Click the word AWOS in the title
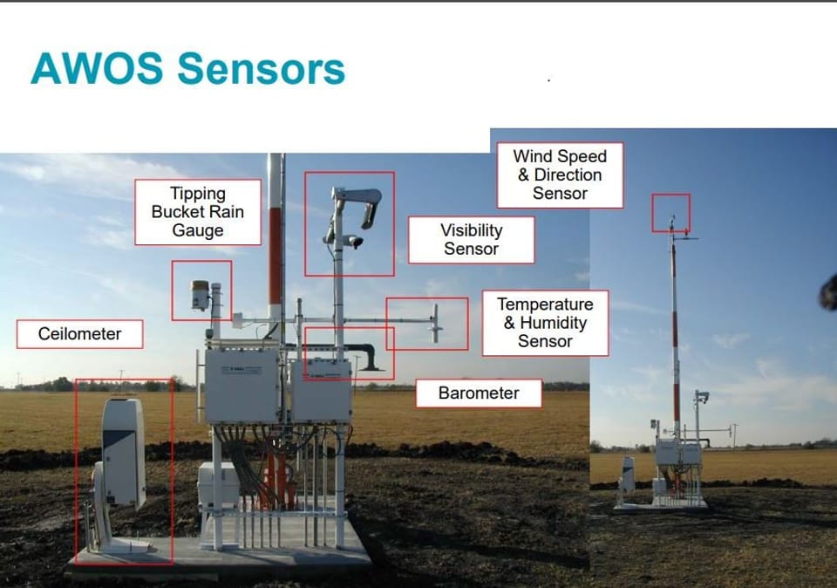[96, 69]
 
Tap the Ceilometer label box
[79, 334]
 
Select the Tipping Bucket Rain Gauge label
[198, 212]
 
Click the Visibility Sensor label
[471, 240]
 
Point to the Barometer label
[478, 393]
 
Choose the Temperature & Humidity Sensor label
[545, 323]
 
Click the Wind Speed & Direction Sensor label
[560, 174]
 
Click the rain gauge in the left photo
[201, 295]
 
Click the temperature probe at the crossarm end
[436, 324]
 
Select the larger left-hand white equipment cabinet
[242, 385]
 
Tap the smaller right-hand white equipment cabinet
[321, 390]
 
